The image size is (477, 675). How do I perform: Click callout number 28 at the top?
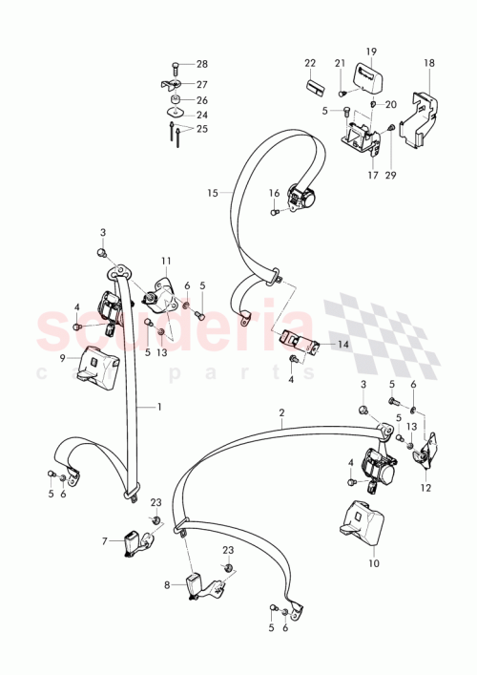(x=201, y=64)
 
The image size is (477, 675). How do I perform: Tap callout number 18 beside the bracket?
(x=429, y=63)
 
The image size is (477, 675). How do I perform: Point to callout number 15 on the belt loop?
(x=213, y=193)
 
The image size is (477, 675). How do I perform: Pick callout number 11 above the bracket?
(x=166, y=260)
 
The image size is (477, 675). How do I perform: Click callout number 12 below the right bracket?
(x=425, y=488)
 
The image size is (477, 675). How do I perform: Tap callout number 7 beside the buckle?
(x=106, y=541)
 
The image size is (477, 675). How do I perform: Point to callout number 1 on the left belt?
(x=160, y=407)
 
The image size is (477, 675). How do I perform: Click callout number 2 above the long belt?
(x=282, y=413)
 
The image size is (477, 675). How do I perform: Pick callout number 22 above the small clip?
(x=310, y=63)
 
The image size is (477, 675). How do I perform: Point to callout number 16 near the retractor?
(x=274, y=194)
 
